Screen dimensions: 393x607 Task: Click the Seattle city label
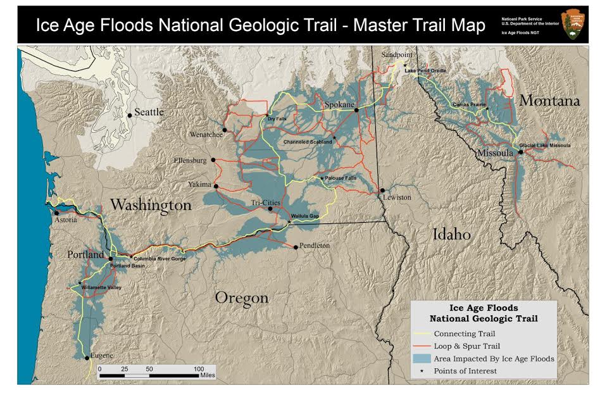coord(149,112)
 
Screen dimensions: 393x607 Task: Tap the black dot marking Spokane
coord(356,110)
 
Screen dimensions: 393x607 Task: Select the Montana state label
coord(549,101)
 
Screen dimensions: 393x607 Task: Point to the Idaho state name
coord(451,234)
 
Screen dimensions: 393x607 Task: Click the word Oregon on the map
coord(241,297)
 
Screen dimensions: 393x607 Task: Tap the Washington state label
coord(150,205)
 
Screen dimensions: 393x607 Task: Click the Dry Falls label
coord(277,119)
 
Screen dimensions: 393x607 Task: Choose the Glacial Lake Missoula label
coord(545,146)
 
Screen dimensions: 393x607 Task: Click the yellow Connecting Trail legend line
coord(423,334)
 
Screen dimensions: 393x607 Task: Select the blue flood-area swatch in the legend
coord(423,358)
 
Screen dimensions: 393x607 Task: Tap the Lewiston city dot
coord(382,190)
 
